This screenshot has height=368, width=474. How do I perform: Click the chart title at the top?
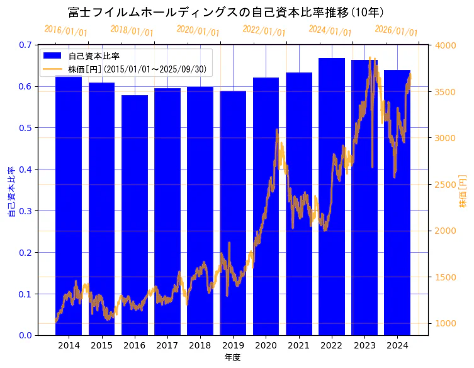[226, 12]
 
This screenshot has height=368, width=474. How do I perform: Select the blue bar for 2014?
[69, 208]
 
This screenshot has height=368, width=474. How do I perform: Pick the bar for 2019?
[233, 214]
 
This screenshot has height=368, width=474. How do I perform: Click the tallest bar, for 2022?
[332, 195]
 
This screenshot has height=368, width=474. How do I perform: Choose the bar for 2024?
[397, 202]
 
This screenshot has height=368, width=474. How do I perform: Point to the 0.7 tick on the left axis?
[25, 45]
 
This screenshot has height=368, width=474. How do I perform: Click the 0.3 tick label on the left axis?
[25, 211]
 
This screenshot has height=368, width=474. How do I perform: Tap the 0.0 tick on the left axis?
[25, 335]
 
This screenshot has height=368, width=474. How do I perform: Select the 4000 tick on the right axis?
[446, 45]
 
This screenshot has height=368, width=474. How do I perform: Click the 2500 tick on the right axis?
[446, 185]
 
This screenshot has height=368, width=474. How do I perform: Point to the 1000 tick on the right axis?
[446, 324]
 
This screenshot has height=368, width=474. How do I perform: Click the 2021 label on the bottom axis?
[298, 346]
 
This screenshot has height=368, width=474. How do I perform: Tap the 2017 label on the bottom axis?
[167, 346]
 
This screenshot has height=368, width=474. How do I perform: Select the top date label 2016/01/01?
[66, 30]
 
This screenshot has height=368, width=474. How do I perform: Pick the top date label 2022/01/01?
[264, 30]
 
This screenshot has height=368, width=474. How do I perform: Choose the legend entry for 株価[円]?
[145, 69]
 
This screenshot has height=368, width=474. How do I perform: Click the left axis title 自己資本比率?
[11, 192]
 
